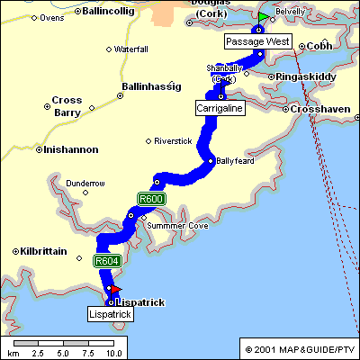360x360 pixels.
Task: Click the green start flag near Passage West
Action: point(262,17)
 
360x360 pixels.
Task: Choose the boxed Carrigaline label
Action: point(220,107)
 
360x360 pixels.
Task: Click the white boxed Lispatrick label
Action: point(110,315)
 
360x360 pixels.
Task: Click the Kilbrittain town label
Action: point(43,251)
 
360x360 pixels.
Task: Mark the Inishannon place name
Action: point(69,149)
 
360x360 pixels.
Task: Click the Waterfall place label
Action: point(130,48)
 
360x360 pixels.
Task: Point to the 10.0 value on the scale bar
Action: point(114,354)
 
